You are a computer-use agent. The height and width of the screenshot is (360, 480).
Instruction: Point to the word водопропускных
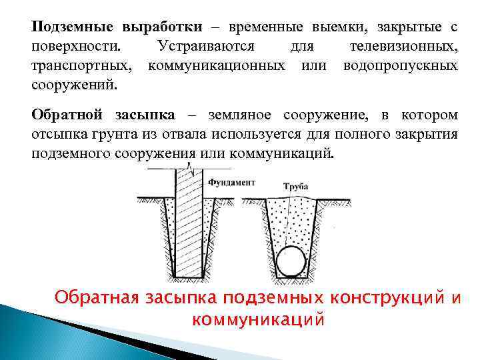[x=400, y=66]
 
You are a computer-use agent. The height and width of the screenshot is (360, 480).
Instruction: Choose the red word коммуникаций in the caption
[x=257, y=319]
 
